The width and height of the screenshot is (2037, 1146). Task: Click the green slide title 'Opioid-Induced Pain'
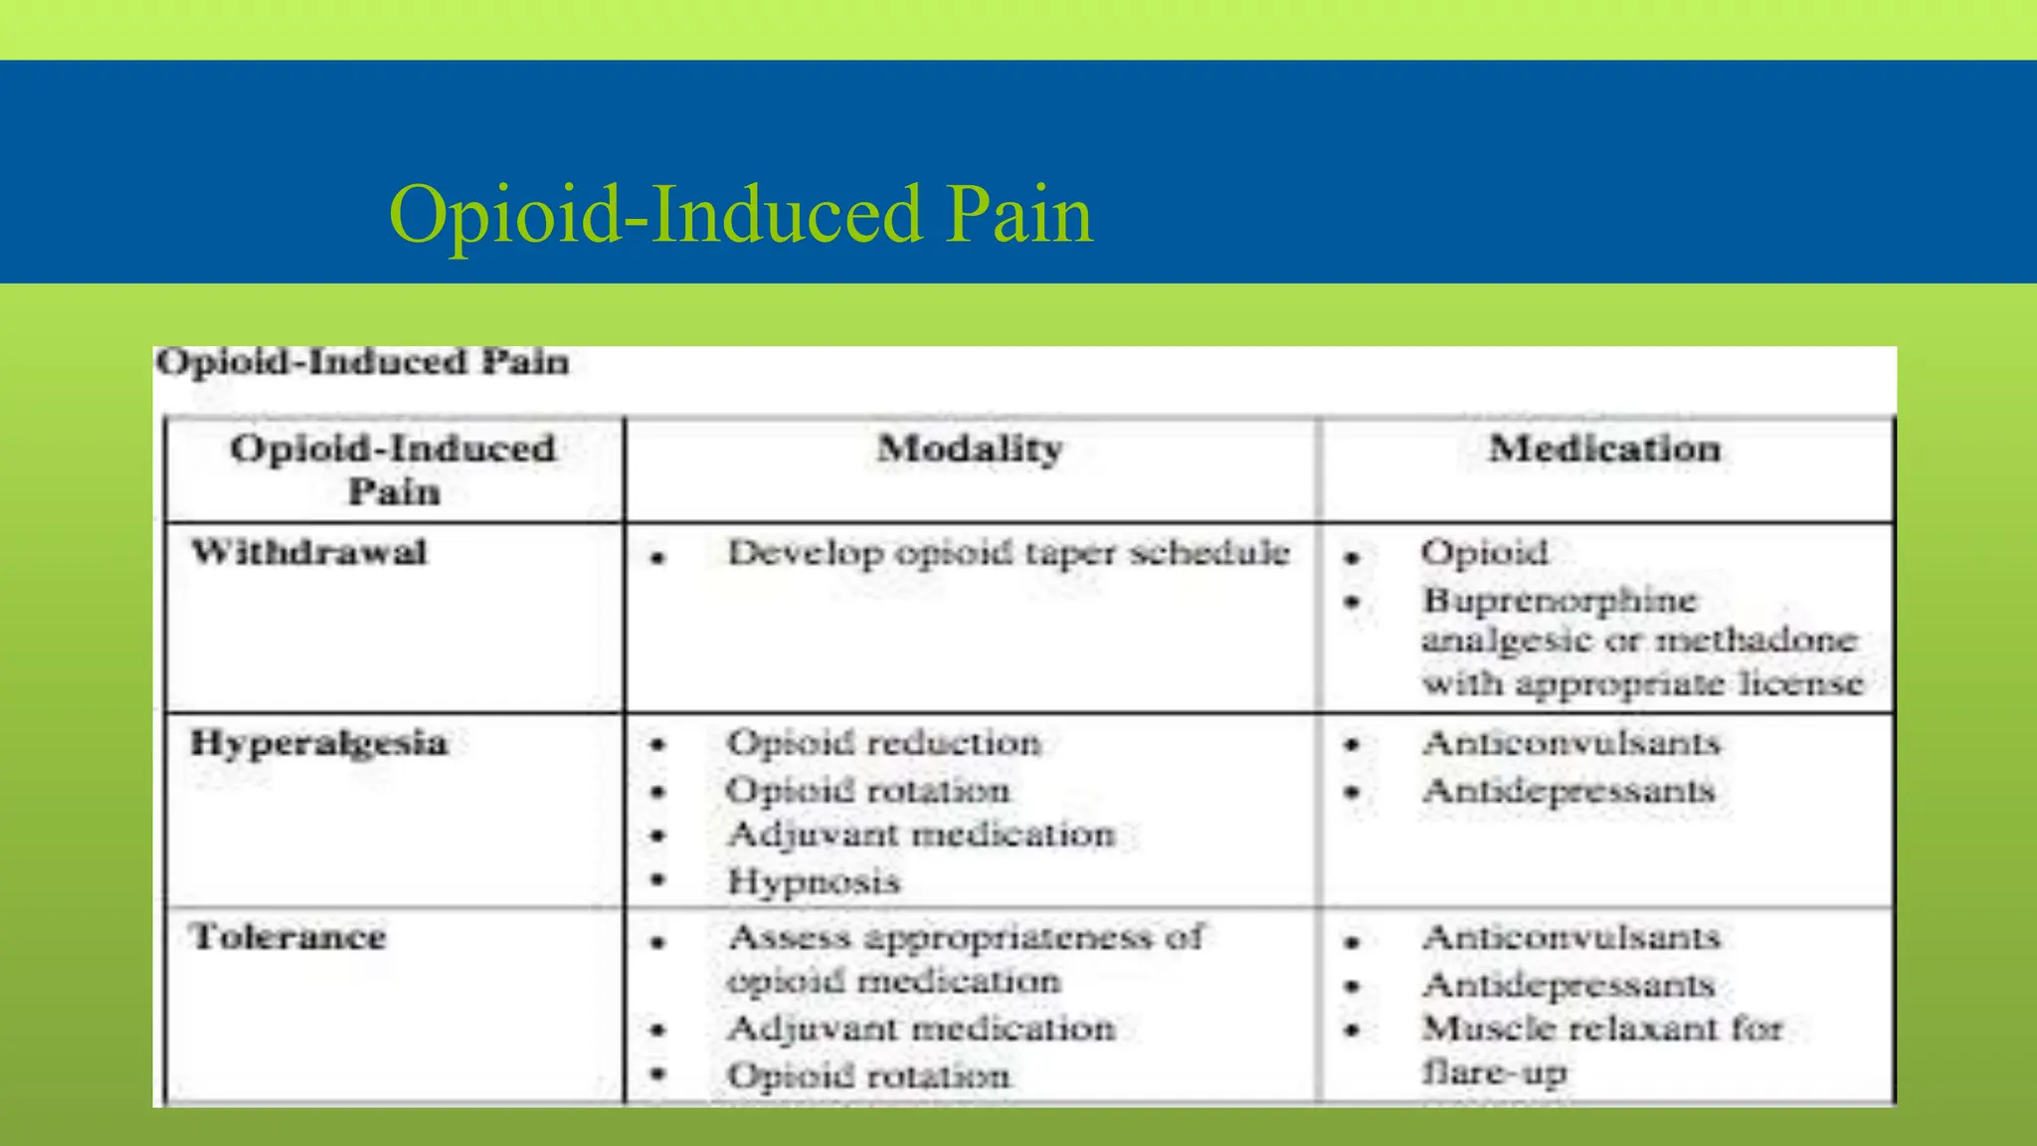click(x=740, y=215)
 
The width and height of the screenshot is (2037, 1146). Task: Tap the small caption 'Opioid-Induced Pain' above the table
click(x=363, y=362)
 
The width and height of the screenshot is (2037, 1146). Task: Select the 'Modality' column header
click(x=970, y=449)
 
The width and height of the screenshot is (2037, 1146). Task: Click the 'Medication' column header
click(x=1604, y=449)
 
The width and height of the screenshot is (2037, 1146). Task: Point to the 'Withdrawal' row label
click(x=309, y=552)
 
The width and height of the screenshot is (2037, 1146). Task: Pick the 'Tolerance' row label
click(x=288, y=937)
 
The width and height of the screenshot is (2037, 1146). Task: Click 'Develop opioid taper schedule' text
click(x=1009, y=553)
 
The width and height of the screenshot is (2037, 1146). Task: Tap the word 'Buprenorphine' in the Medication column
click(x=1560, y=601)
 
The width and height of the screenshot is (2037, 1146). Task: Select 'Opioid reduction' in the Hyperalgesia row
click(x=884, y=743)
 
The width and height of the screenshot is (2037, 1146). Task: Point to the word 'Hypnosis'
click(x=814, y=881)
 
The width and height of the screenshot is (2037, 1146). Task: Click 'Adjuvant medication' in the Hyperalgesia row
click(x=921, y=835)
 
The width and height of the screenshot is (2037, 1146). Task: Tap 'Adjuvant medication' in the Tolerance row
click(x=921, y=1029)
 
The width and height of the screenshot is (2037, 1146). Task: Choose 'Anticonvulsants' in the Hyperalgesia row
click(x=1572, y=743)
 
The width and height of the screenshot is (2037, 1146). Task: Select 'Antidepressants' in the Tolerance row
click(x=1570, y=985)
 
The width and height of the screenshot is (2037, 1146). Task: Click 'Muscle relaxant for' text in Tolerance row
click(x=1602, y=1029)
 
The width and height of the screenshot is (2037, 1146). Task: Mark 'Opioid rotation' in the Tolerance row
click(x=868, y=1075)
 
